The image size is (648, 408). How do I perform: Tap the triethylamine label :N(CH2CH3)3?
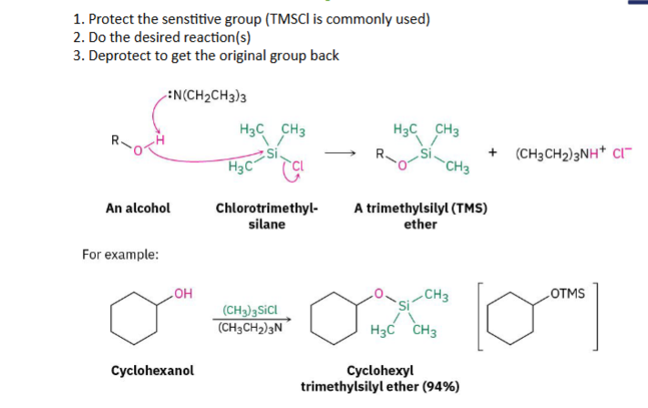coord(207,96)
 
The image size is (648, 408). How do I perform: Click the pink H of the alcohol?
coord(159,139)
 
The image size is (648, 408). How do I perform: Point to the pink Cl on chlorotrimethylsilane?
coord(297,166)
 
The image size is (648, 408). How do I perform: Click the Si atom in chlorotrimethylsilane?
coord(272,154)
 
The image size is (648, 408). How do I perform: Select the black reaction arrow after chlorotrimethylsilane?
coord(340,154)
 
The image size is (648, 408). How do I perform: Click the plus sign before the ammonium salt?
coord(492,152)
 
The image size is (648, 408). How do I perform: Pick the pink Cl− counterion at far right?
coord(622,153)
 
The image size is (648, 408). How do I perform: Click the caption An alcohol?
coord(138,209)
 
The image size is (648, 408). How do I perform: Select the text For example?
coord(120,254)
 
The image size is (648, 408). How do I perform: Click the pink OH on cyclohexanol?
coord(183,293)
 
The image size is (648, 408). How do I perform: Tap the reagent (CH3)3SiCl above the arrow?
coord(250,311)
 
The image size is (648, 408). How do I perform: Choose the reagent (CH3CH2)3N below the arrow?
coord(250,328)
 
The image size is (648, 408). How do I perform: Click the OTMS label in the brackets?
coord(568,293)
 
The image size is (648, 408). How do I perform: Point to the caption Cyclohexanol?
coord(152,371)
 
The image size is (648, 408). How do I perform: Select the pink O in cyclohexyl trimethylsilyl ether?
coord(378,293)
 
